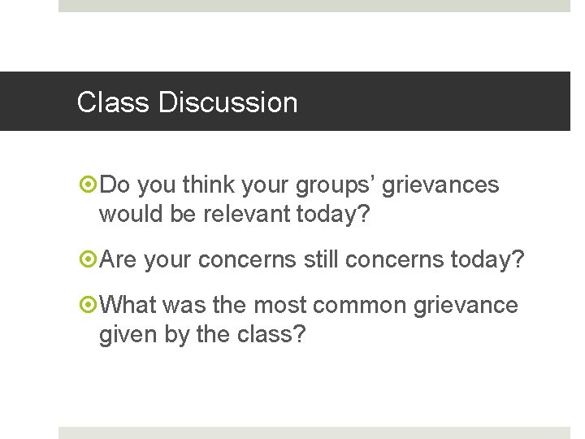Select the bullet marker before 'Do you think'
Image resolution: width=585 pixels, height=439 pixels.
point(89,185)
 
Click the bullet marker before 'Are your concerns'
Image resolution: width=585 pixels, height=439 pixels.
point(89,260)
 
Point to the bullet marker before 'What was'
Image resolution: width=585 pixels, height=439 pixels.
point(89,306)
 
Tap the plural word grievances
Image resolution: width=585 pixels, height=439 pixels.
point(440,185)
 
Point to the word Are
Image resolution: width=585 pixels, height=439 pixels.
point(119,260)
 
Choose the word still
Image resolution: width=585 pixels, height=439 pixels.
point(321,260)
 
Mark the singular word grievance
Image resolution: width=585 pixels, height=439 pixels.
point(466,306)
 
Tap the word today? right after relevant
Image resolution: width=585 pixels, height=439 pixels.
point(341,215)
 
